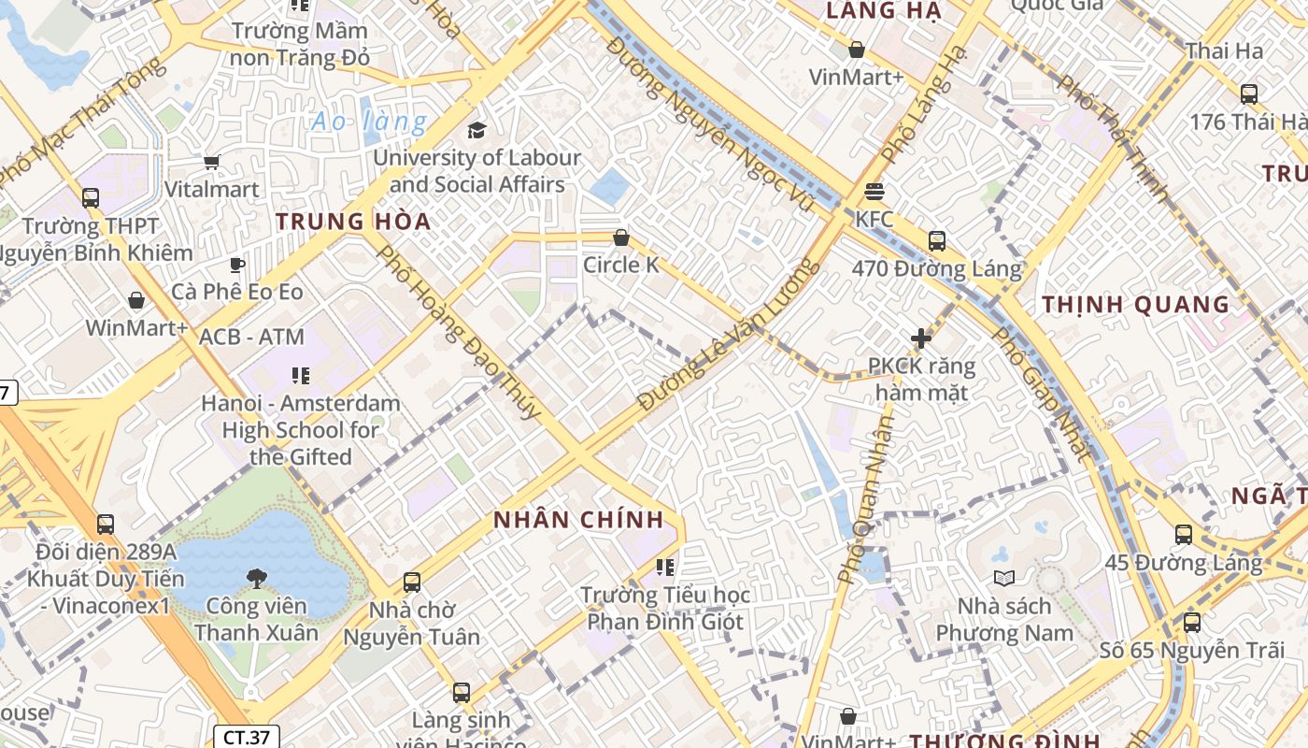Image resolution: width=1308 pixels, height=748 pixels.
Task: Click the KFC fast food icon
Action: pyautogui.click(x=874, y=192)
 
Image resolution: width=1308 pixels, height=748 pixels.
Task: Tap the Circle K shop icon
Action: pyautogui.click(x=621, y=237)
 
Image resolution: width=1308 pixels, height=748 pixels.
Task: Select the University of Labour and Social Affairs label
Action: pyautogui.click(x=476, y=171)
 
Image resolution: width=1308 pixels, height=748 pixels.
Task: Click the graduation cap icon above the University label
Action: pyautogui.click(x=477, y=130)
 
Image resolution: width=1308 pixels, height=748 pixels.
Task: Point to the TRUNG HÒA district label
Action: pyautogui.click(x=353, y=222)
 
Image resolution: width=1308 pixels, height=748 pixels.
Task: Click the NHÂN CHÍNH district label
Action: pyautogui.click(x=578, y=520)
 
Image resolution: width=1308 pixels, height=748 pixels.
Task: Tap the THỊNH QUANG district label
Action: pyautogui.click(x=1135, y=305)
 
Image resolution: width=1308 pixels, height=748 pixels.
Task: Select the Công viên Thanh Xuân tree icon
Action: pyautogui.click(x=257, y=579)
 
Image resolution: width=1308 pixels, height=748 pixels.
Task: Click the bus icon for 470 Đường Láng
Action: pyautogui.click(x=937, y=241)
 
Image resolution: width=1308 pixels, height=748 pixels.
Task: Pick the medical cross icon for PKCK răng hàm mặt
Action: pyautogui.click(x=922, y=338)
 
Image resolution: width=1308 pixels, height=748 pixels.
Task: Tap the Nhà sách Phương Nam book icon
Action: pyautogui.click(x=1004, y=579)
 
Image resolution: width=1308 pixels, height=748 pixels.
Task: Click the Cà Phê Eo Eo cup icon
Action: pyautogui.click(x=237, y=265)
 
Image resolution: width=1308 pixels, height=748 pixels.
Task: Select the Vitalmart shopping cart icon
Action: pyautogui.click(x=212, y=163)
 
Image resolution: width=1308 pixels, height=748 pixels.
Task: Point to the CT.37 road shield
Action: pyautogui.click(x=247, y=737)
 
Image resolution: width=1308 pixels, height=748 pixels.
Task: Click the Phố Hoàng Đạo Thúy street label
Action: pyautogui.click(x=458, y=332)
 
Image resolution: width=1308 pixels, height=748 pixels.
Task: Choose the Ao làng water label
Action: pyautogui.click(x=369, y=122)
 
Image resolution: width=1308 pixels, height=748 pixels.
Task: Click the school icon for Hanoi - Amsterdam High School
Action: pyautogui.click(x=301, y=376)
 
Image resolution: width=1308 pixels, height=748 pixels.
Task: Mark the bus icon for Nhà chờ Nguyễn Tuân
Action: pyautogui.click(x=411, y=583)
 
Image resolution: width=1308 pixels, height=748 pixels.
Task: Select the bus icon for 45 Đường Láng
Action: pyautogui.click(x=1184, y=535)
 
